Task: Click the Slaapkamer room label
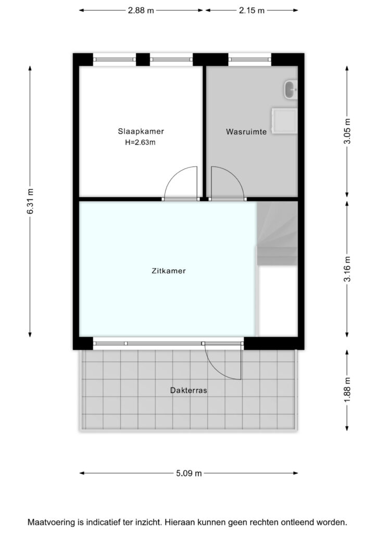141,131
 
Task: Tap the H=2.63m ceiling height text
140,142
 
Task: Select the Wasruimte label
246,131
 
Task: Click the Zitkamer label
169,271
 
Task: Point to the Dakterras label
188,390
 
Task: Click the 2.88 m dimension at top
141,10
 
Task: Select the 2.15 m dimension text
252,10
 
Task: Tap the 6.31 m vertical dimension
30,201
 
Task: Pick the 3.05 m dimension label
347,131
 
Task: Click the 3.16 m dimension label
347,269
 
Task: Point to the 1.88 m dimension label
347,390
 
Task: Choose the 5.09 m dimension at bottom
188,473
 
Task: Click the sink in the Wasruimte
291,90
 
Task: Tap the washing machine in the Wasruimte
284,121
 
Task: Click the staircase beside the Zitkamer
277,233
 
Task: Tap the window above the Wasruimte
249,59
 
